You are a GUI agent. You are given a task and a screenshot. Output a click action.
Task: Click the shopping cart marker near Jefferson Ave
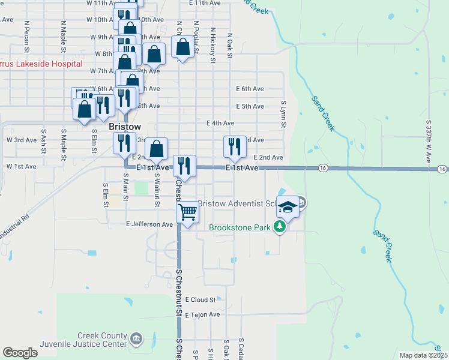pyautogui.click(x=188, y=212)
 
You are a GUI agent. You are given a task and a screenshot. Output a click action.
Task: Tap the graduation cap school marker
pyautogui.click(x=288, y=207)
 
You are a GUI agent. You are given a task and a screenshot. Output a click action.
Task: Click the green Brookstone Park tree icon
pyautogui.click(x=279, y=227)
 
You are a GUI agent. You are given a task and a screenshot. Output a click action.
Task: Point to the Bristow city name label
pyautogui.click(x=125, y=127)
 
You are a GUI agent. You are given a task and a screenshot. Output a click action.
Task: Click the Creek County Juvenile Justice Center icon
pyautogui.click(x=136, y=340)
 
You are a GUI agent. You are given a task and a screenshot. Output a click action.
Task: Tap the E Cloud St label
pyautogui.click(x=200, y=299)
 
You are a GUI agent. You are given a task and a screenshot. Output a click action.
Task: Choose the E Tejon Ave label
pyautogui.click(x=202, y=314)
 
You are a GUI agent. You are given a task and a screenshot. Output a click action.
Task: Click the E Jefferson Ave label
pyautogui.click(x=149, y=224)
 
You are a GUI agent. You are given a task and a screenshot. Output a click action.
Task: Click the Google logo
pyautogui.click(x=20, y=353)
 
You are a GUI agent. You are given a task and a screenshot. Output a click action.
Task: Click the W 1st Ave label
pyautogui.click(x=21, y=166)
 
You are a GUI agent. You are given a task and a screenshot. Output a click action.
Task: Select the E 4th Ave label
pyautogui.click(x=220, y=123)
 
